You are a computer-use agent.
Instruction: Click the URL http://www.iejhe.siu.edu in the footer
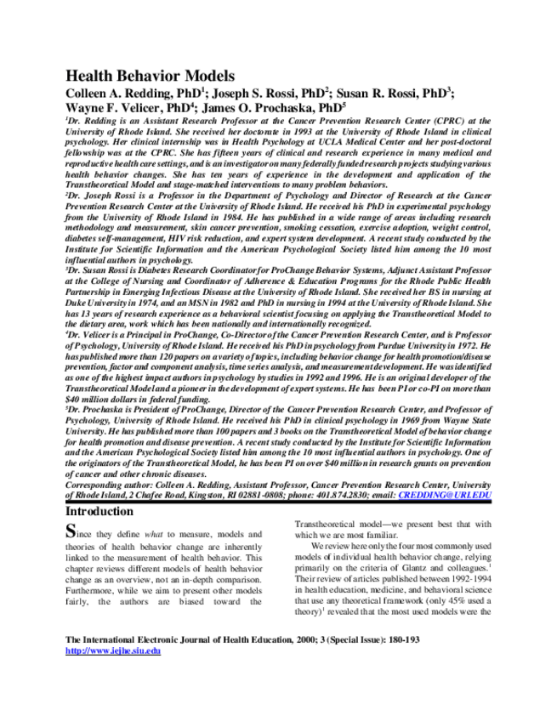tap(113, 650)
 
